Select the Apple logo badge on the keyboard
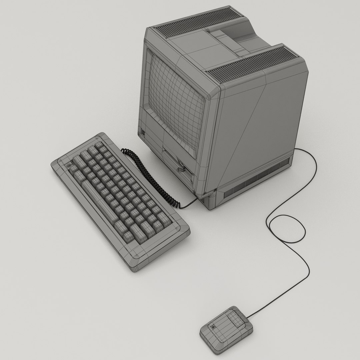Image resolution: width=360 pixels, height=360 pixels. point(70,166)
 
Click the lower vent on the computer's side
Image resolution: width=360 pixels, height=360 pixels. point(257,182)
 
